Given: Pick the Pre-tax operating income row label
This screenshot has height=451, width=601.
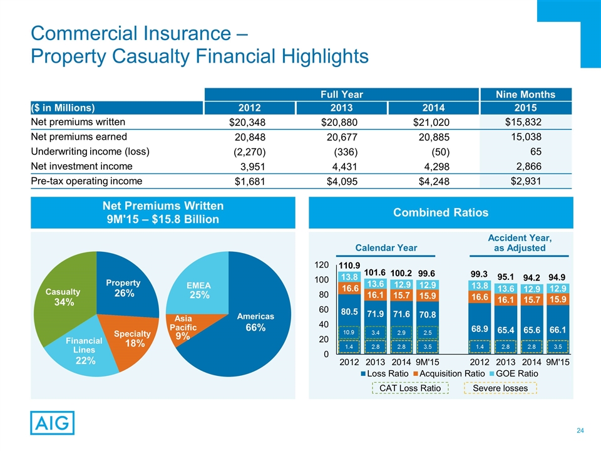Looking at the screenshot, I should (86, 180).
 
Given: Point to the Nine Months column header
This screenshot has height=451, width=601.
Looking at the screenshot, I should (534, 94).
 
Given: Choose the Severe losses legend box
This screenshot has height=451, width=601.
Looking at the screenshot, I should (501, 388).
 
